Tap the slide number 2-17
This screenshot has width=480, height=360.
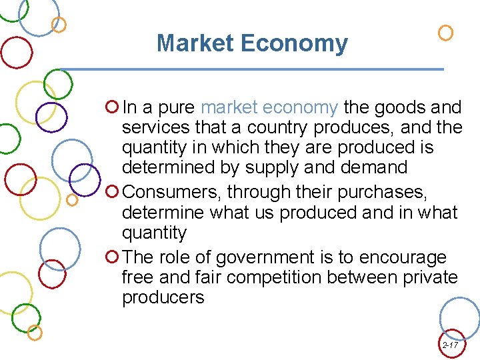(450, 345)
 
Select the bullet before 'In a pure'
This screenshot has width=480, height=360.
(112, 107)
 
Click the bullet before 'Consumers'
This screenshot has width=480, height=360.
(112, 192)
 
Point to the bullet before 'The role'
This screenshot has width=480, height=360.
(112, 257)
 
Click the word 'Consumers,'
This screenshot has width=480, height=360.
(172, 192)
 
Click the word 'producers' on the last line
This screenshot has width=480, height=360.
(163, 297)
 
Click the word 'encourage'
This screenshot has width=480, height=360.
(403, 257)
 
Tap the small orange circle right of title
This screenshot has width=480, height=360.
(445, 32)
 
